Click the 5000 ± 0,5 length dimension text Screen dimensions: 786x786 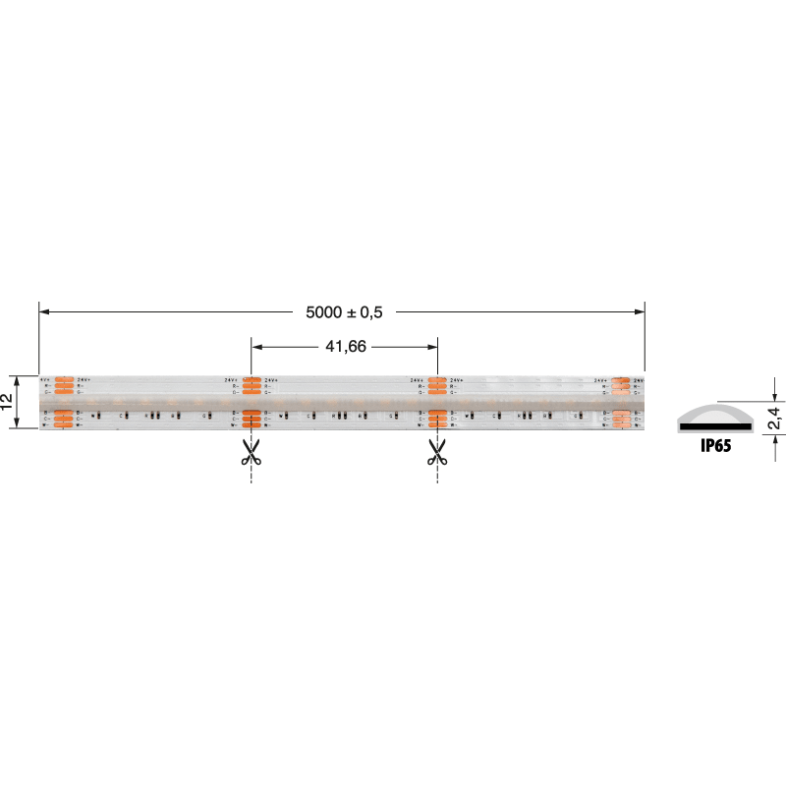[343, 312]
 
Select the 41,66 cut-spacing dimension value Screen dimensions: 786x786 [344, 346]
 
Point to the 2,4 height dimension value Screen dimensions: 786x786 [773, 417]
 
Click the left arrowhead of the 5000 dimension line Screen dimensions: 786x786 [44, 312]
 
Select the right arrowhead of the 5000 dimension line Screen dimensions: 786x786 [640, 312]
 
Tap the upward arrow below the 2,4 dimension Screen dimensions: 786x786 [773, 439]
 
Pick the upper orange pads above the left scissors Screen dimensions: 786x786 [252, 386]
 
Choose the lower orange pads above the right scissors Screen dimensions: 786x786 [437, 419]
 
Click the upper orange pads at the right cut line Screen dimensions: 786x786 [437, 386]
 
